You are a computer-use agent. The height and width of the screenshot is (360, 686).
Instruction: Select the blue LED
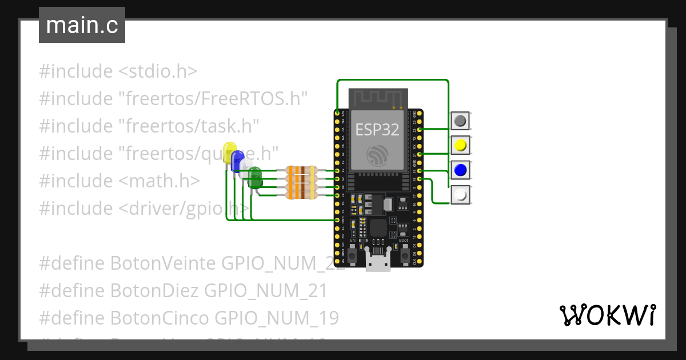237,161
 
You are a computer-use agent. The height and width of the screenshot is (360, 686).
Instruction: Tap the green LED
255,177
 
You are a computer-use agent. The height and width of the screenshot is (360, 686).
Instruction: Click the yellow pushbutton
460,146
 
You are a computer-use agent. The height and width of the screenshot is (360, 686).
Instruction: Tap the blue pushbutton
460,170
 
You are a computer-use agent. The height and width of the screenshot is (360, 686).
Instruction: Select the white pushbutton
460,195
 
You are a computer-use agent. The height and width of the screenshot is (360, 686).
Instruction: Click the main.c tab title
82,26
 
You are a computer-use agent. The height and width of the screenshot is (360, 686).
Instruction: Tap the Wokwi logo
607,315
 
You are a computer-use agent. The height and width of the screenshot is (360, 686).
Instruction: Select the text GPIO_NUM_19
293,318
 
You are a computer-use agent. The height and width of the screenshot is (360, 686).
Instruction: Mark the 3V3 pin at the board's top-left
337,113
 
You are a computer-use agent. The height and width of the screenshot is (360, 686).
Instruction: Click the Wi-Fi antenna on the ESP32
377,98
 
